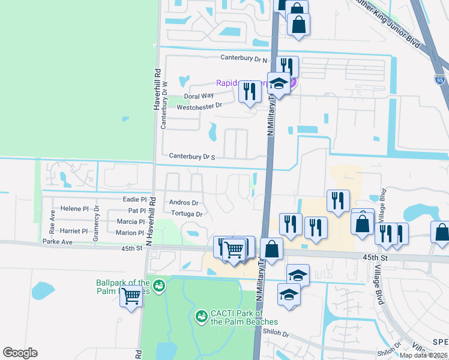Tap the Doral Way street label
pyautogui.click(x=199, y=96)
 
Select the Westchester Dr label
pyautogui.click(x=199, y=106)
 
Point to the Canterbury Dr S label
pyautogui.click(x=192, y=156)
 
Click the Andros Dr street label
pyautogui.click(x=184, y=203)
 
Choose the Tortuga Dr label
pyautogui.click(x=186, y=214)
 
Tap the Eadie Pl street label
pyautogui.click(x=135, y=199)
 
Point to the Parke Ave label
pyautogui.click(x=58, y=242)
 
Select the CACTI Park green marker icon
pyautogui.click(x=202, y=315)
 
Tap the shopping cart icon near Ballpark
pyautogui.click(x=131, y=296)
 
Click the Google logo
pyautogui.click(x=20, y=353)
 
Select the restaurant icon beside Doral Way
pyautogui.click(x=249, y=92)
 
